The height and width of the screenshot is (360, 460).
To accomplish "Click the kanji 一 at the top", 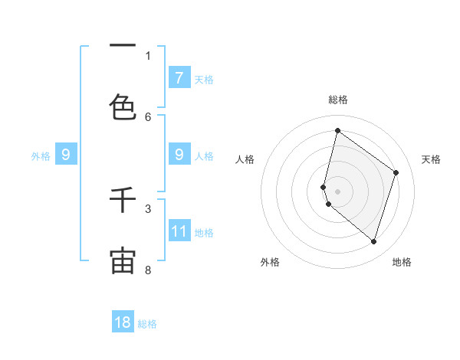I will (x=123, y=46).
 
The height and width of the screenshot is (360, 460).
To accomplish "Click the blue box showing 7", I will (x=179, y=77).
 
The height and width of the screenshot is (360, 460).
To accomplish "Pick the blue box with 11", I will (x=179, y=231).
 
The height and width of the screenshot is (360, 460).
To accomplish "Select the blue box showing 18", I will (x=123, y=322).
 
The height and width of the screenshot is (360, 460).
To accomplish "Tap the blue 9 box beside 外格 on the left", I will (x=66, y=155).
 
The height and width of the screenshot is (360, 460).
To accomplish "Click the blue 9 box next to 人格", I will (x=179, y=155).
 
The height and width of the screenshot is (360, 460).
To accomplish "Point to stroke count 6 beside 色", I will (x=149, y=116).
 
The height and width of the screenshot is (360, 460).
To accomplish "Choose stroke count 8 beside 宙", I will (x=149, y=270).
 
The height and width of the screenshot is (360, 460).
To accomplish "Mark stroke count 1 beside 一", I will (x=149, y=55).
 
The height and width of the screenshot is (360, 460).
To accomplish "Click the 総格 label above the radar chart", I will (x=337, y=100).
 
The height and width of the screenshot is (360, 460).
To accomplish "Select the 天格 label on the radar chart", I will (x=431, y=159).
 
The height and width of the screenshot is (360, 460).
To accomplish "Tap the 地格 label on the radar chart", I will (x=402, y=262).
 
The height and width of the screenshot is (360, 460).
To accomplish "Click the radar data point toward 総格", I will (x=337, y=130).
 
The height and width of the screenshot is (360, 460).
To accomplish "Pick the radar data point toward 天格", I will (x=396, y=172).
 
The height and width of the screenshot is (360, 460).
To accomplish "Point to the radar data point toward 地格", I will (x=373, y=241).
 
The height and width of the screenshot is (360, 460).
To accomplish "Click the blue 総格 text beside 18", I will (x=147, y=324).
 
